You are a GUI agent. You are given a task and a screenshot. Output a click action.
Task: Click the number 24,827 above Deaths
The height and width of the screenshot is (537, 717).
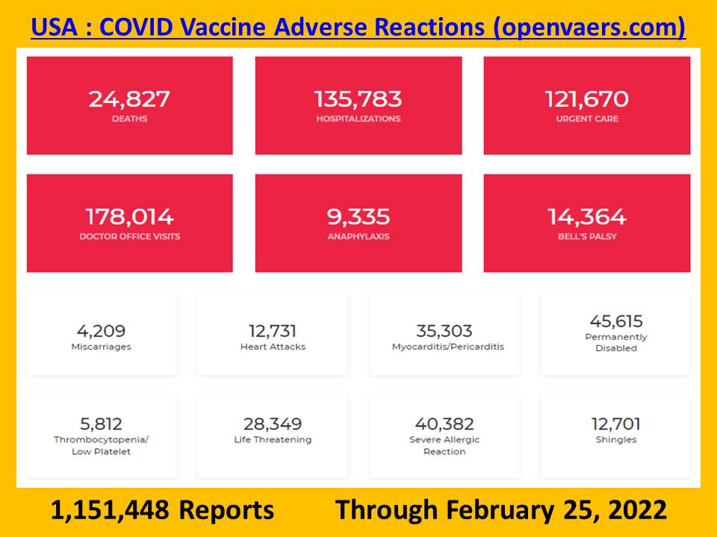(x=129, y=99)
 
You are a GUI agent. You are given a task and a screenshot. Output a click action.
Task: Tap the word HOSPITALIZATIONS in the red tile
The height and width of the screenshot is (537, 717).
(x=358, y=119)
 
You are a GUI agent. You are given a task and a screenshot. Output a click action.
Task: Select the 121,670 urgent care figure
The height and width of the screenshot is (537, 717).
(x=587, y=99)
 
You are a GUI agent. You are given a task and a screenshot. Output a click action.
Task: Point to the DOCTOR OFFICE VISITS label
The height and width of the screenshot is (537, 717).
(x=130, y=236)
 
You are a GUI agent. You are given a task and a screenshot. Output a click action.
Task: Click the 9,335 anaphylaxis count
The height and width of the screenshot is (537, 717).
(x=358, y=217)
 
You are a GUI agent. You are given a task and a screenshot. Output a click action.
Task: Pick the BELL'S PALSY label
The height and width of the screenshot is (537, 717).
(x=587, y=236)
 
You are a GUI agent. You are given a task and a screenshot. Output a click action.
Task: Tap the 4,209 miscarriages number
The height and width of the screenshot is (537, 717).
(x=101, y=331)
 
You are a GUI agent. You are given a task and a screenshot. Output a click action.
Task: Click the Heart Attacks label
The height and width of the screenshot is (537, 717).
(x=273, y=347)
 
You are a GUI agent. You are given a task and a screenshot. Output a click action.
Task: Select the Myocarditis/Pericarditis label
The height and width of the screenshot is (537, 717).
(x=448, y=347)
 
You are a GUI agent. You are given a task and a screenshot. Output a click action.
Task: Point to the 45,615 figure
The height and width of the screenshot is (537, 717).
(x=616, y=321)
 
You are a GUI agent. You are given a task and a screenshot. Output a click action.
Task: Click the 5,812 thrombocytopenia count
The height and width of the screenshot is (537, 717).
(x=101, y=424)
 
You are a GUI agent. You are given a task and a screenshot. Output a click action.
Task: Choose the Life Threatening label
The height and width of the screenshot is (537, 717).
(x=273, y=440)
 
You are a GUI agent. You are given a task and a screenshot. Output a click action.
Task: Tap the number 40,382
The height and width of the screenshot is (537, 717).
(x=444, y=424)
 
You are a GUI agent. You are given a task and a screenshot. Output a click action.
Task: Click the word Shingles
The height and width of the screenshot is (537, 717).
(x=616, y=440)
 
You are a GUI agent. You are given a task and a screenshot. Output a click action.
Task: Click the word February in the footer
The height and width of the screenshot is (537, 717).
(x=500, y=510)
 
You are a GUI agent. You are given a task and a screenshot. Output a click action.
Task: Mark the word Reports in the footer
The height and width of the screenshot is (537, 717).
(x=226, y=510)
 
